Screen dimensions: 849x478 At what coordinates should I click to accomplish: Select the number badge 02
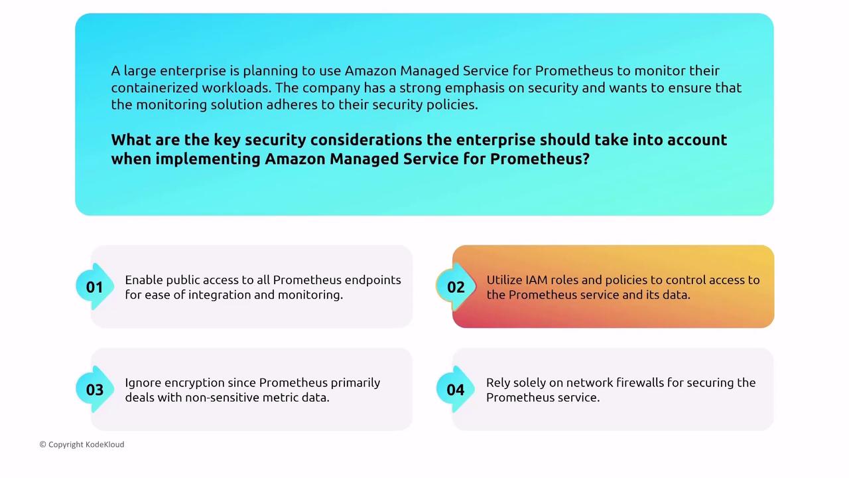pos(456,287)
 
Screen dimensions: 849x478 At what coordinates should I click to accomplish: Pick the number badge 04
pos(456,390)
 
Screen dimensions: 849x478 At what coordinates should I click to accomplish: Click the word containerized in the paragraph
pos(155,88)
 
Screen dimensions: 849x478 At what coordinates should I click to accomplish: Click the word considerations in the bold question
pos(366,140)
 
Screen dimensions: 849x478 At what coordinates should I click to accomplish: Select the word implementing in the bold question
pos(208,159)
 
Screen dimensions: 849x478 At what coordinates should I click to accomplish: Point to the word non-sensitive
pos(222,398)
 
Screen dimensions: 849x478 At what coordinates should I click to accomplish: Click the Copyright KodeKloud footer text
pos(82,444)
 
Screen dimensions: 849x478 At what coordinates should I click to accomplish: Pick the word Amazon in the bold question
pos(295,159)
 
